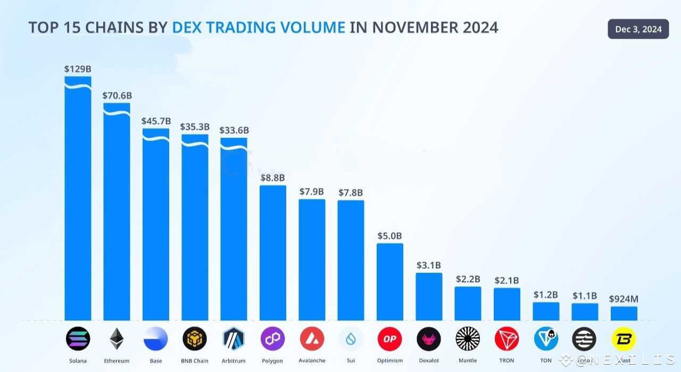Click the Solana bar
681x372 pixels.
tap(78, 202)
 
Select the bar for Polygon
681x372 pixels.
tap(273, 253)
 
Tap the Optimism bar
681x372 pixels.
tap(390, 282)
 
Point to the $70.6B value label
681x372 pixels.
tap(117, 96)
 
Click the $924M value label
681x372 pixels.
tap(624, 299)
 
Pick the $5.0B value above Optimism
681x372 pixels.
tap(389, 235)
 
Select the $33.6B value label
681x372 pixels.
tap(234, 130)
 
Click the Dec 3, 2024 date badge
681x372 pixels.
tap(638, 29)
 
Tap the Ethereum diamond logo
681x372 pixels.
tap(117, 339)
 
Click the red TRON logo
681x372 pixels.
tap(506, 339)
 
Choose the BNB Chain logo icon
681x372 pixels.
tap(195, 339)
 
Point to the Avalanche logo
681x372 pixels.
tap(312, 339)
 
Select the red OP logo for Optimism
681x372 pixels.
tap(389, 339)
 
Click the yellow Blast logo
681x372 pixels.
tap(624, 339)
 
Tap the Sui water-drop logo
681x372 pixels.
tap(351, 339)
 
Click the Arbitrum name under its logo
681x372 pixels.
tap(234, 361)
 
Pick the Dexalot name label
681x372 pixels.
tap(429, 361)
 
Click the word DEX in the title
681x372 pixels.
tap(186, 27)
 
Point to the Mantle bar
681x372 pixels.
tap(468, 303)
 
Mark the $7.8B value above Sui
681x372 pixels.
tap(351, 192)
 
